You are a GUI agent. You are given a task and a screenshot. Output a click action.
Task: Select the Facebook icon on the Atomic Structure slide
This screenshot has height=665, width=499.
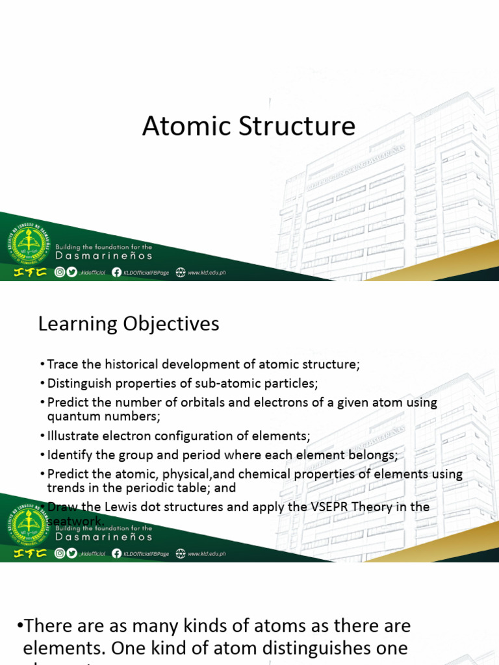[x=116, y=273]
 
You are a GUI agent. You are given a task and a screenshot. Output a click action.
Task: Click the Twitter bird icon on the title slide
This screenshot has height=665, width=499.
[x=71, y=273]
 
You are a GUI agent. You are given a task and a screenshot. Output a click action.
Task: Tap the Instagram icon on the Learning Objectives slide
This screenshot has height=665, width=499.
[x=60, y=554]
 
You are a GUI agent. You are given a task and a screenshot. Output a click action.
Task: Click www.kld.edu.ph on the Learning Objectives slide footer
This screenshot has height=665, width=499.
[x=207, y=554]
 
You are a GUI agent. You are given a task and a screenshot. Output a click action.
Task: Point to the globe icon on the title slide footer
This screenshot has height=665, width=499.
[x=180, y=273]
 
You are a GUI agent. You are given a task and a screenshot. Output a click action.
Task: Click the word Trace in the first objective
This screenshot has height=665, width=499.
[x=62, y=364]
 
